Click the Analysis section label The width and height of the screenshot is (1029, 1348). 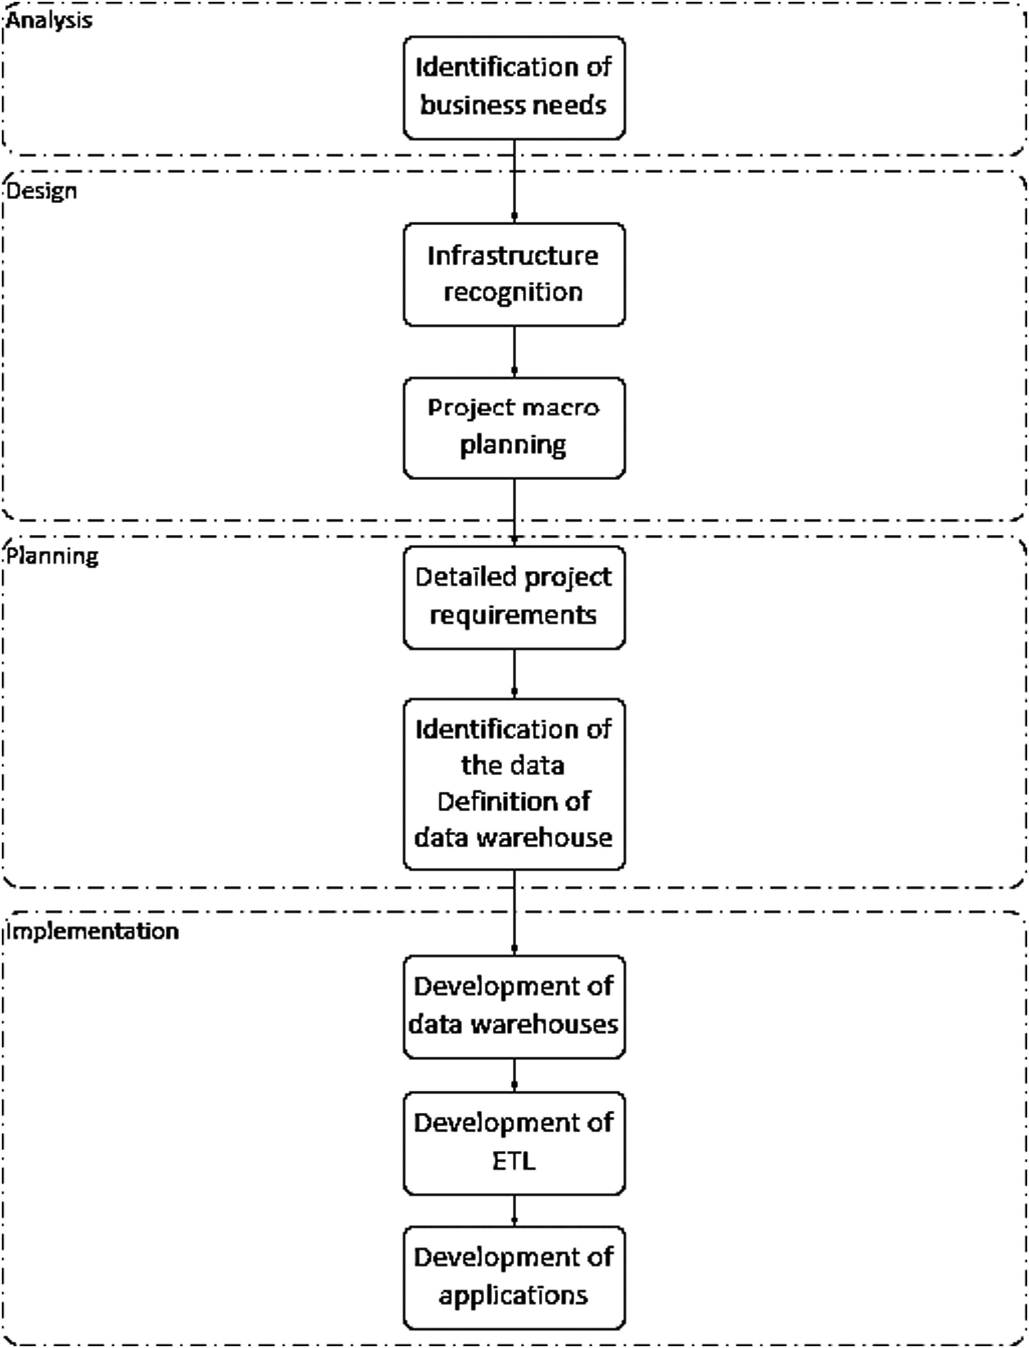coord(49,21)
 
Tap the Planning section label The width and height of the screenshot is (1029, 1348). coord(52,556)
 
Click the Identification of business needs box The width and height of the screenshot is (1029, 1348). coord(514,87)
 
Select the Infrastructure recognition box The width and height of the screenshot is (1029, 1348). coord(514,274)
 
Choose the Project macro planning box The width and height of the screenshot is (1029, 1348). coord(514,427)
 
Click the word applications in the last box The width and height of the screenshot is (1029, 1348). coord(513,1295)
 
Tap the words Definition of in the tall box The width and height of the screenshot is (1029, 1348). coord(513,801)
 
